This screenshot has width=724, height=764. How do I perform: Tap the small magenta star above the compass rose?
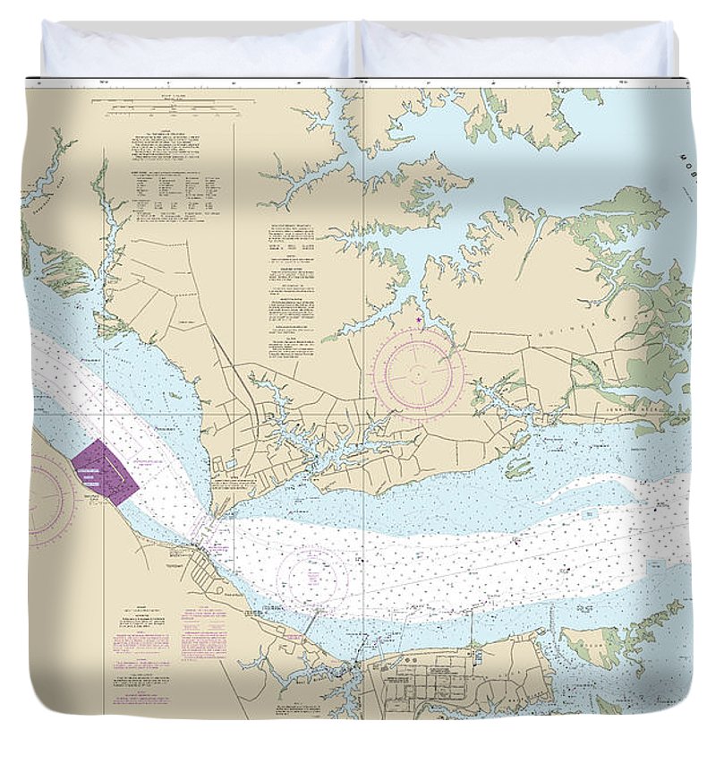click(x=419, y=320)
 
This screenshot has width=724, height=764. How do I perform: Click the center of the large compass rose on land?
click(x=419, y=373)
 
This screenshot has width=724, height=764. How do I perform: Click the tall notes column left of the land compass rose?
click(x=291, y=287)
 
